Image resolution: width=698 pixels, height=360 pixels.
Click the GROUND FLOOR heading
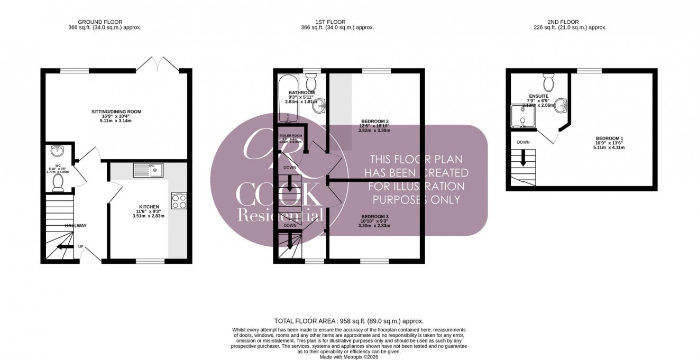(100, 22)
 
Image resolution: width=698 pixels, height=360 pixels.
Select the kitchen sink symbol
(149, 170)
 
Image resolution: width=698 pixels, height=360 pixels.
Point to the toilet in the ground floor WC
(58, 182)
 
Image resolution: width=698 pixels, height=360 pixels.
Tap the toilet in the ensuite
(548, 83)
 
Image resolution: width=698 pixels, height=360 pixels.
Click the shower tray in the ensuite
(522, 117)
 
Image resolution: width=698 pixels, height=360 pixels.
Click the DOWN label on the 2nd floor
(523, 142)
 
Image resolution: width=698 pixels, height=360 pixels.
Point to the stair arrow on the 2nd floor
(523, 158)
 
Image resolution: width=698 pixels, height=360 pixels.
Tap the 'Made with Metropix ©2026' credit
(349, 357)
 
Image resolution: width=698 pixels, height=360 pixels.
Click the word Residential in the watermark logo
(281, 215)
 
